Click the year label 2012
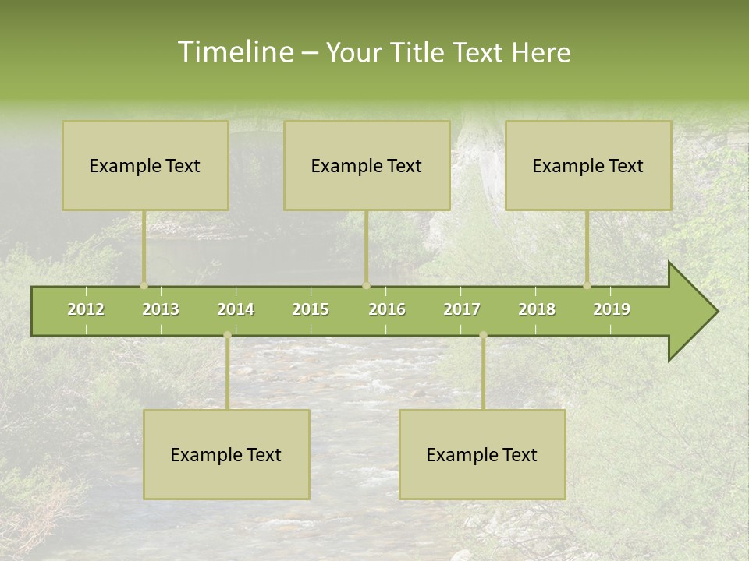coord(86,309)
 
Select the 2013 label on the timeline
coord(161,309)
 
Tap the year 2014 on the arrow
coord(236,309)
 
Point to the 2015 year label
coord(311,309)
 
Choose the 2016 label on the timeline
coord(387,309)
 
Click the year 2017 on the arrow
coord(462,309)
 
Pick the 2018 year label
coord(537,309)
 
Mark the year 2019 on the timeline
coord(612,309)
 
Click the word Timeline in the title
coord(234,52)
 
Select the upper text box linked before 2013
coord(145,165)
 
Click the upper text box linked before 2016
coord(367,165)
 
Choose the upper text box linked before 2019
coord(588,165)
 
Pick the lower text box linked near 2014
coord(226,454)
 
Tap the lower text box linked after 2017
coord(482,454)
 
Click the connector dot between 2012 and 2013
coord(144,285)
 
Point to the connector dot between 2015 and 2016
coord(366,285)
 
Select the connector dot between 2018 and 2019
coord(587,285)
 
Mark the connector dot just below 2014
coord(227,335)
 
